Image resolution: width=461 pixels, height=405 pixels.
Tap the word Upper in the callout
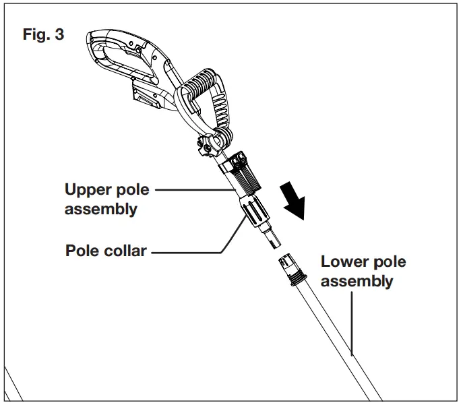(88, 189)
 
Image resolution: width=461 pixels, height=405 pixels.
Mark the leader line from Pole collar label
(189, 253)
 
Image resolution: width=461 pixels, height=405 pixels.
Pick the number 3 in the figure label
(60, 34)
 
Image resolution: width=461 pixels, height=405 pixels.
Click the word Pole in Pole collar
(82, 251)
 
